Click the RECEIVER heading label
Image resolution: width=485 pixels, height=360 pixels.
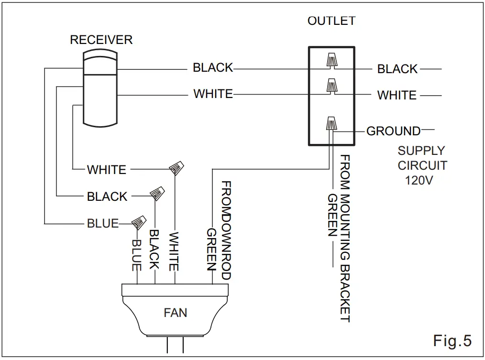[x=101, y=40]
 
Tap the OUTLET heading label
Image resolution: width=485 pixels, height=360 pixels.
[x=331, y=21]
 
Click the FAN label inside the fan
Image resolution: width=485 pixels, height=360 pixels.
[x=176, y=313]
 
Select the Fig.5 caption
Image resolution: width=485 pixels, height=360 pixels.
[x=452, y=340]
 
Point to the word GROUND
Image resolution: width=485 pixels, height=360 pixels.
[x=394, y=131]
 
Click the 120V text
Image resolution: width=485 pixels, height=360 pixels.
[x=419, y=180]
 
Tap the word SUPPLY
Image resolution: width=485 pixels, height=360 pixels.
[x=421, y=151]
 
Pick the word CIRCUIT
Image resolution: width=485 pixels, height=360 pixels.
[x=422, y=165]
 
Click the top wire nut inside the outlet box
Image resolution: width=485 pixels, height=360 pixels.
[x=331, y=60]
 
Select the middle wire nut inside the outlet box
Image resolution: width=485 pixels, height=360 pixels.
[x=331, y=86]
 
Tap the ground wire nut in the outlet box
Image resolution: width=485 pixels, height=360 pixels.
[x=331, y=123]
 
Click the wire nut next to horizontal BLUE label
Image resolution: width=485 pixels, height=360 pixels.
[x=139, y=222]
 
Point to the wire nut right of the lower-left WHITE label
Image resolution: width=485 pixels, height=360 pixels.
[x=176, y=168]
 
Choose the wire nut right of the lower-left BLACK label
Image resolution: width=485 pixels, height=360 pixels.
[x=157, y=193]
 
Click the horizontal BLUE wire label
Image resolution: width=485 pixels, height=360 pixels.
[x=103, y=223]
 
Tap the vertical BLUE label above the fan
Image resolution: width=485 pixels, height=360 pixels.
[x=137, y=255]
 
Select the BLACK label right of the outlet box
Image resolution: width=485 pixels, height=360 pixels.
[x=397, y=69]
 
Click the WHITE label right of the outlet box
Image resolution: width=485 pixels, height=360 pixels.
[x=397, y=95]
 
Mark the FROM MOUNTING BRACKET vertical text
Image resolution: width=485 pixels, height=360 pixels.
[x=345, y=239]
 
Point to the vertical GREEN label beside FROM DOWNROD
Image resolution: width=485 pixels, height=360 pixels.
[x=211, y=249]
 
